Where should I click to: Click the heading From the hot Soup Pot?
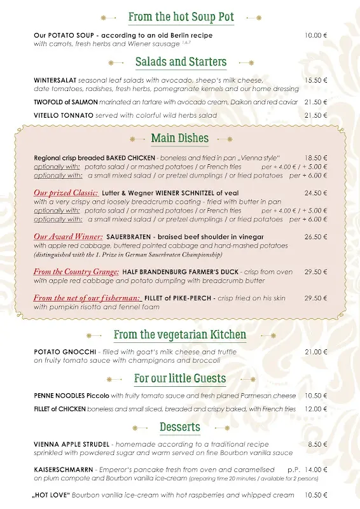click(181, 17)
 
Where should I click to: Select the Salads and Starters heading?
click(181, 62)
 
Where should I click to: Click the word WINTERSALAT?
click(55, 81)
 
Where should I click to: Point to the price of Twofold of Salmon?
click(315, 102)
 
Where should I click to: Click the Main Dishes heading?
click(179, 138)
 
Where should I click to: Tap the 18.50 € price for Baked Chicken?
click(315, 158)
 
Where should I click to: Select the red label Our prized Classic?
click(66, 193)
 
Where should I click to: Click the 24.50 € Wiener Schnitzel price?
click(315, 193)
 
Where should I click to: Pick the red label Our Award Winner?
click(68, 237)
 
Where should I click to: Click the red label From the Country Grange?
click(76, 272)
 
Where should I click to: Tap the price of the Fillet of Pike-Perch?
click(315, 298)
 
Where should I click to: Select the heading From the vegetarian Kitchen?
click(180, 335)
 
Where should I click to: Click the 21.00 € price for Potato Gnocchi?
click(315, 352)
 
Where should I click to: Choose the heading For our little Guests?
click(180, 379)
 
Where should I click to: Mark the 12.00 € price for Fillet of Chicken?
click(315, 408)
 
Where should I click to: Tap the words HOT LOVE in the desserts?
click(52, 494)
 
